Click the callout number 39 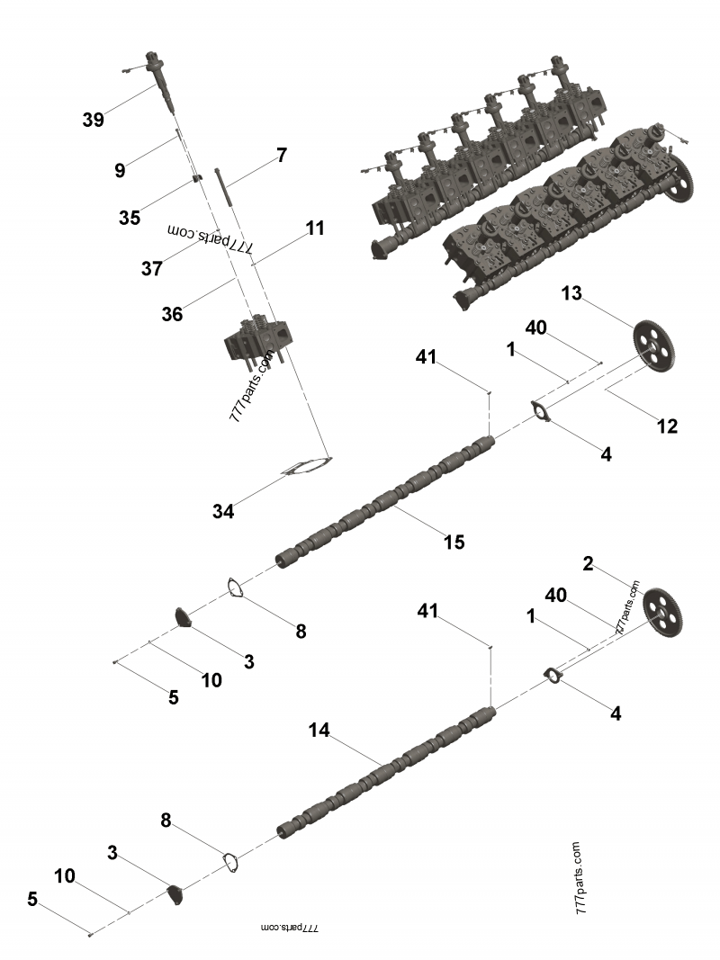[x=93, y=120]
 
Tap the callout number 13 [x=572, y=294]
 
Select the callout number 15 [x=454, y=542]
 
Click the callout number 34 [x=223, y=511]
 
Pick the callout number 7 [x=282, y=155]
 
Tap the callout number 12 [x=666, y=426]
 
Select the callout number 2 [x=588, y=564]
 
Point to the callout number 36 [x=172, y=313]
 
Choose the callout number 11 [x=314, y=229]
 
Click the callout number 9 [x=120, y=170]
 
